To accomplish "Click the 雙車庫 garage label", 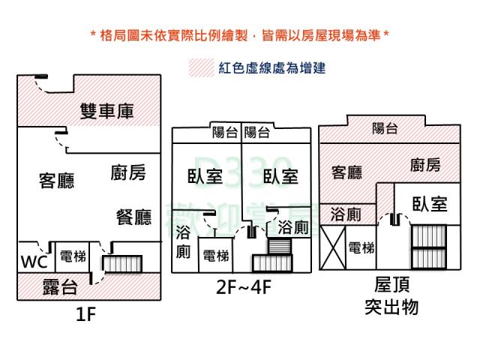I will coord(106,112).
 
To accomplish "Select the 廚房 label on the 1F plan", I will coord(127,173).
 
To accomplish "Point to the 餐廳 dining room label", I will coord(133,217).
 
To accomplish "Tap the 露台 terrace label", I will coord(60,285).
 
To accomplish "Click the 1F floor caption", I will coord(86,315).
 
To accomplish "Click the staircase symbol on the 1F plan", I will coord(122,263).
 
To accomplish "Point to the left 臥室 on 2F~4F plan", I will coord(204,176).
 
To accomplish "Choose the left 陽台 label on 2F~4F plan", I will coord(225,133).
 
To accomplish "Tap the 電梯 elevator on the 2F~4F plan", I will coord(216,256).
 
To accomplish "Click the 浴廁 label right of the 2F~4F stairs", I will coord(292,226).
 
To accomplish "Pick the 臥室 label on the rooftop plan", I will coord(430,203).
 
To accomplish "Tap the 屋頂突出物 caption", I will coord(391,296).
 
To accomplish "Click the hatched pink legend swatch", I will coord(201,67).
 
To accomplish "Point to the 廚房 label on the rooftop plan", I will coord(425,166).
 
